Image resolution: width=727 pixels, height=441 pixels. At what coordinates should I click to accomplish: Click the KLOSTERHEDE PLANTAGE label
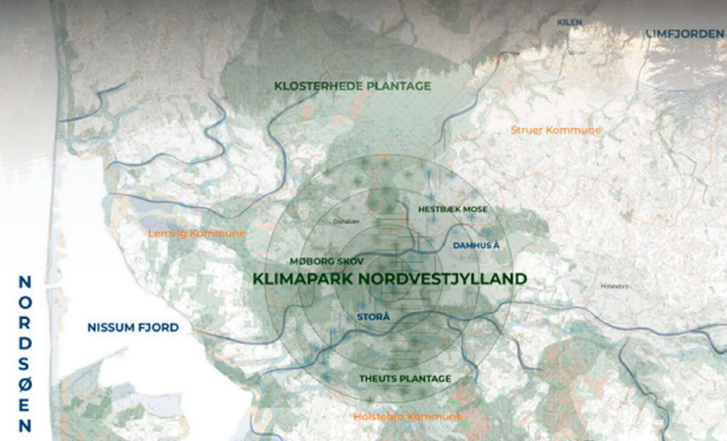pyautogui.click(x=352, y=85)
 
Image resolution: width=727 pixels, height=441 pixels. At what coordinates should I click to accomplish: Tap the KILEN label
pyautogui.click(x=569, y=22)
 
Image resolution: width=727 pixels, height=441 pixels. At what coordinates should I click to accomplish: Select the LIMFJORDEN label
pyautogui.click(x=684, y=33)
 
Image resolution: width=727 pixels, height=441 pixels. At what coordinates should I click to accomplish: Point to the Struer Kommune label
pyautogui.click(x=556, y=130)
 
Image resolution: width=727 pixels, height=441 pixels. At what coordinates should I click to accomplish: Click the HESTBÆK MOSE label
pyautogui.click(x=452, y=210)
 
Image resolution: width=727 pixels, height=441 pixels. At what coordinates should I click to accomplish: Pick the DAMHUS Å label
pyautogui.click(x=476, y=246)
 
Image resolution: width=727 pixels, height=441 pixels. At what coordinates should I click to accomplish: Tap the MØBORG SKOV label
pyautogui.click(x=327, y=262)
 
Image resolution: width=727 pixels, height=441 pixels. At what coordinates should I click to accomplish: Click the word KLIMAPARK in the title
pyautogui.click(x=303, y=279)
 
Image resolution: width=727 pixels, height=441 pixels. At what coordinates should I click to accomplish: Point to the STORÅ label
pyautogui.click(x=373, y=316)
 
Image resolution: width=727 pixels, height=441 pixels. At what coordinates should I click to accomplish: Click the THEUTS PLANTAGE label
pyautogui.click(x=404, y=378)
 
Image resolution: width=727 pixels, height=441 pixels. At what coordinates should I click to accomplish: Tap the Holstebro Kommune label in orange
pyautogui.click(x=407, y=417)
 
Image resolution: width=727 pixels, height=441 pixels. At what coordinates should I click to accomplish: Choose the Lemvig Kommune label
pyautogui.click(x=196, y=233)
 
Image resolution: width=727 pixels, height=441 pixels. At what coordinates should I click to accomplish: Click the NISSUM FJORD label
pyautogui.click(x=133, y=328)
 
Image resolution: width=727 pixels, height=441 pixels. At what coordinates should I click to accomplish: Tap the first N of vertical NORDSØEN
pyautogui.click(x=24, y=282)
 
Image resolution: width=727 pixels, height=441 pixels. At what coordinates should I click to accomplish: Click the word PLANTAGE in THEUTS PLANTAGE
pyautogui.click(x=425, y=378)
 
